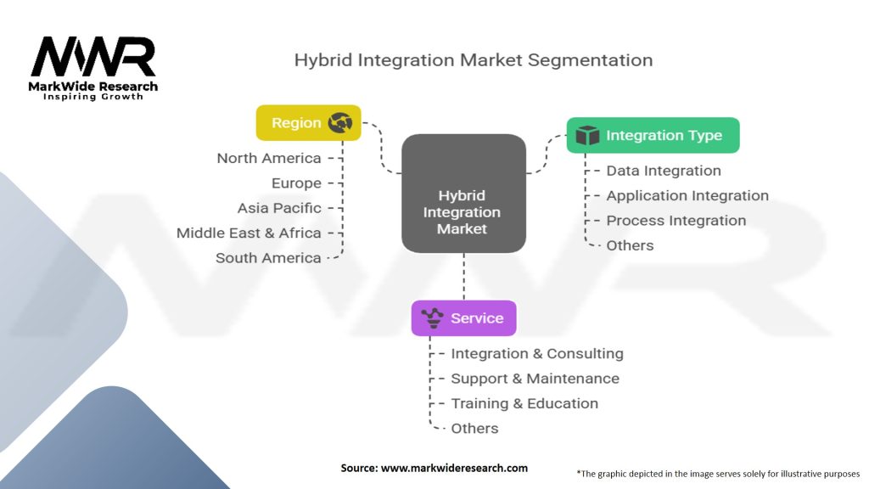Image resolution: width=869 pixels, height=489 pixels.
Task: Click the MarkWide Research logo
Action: click(93, 66)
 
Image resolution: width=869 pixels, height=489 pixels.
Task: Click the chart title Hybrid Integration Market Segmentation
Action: click(473, 60)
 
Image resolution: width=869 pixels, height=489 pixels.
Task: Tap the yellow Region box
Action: click(308, 123)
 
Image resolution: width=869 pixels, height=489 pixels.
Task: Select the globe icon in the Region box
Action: click(340, 123)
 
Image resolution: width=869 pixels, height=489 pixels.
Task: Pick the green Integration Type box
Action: click(653, 136)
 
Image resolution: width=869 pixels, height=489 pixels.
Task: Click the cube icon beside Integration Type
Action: click(587, 136)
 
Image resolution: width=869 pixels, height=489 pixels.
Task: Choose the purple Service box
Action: click(463, 318)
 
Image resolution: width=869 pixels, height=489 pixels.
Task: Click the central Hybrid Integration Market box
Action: click(463, 194)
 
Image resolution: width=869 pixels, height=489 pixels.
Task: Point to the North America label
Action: click(269, 158)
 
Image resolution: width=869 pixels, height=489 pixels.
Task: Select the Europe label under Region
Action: click(296, 183)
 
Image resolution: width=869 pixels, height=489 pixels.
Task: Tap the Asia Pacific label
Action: click(279, 208)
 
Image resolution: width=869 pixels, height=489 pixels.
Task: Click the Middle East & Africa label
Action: click(249, 233)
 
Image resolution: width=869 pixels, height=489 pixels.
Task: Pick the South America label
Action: click(268, 258)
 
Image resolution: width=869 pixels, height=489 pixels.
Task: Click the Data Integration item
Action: click(664, 171)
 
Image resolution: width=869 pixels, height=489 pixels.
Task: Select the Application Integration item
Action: click(687, 195)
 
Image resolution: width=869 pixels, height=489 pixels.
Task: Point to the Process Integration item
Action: click(676, 221)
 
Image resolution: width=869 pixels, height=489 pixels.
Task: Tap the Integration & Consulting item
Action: click(537, 353)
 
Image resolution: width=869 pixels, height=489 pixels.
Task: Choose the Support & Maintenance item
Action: click(535, 379)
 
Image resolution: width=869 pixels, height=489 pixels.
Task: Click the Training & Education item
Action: click(524, 403)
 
